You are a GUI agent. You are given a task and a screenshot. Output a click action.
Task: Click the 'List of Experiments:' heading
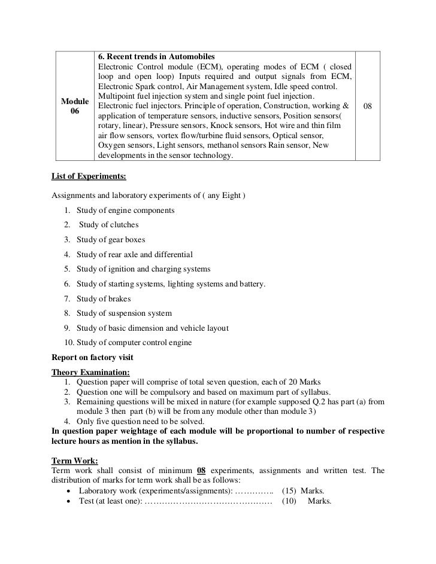tap(89, 177)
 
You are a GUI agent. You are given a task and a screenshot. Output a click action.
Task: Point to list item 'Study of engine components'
tap(125, 211)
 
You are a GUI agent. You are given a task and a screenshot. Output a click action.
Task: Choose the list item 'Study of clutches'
tap(108, 225)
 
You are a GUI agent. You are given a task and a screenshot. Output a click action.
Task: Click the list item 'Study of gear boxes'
tap(111, 240)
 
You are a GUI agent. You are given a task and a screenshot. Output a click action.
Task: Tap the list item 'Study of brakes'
tap(103, 298)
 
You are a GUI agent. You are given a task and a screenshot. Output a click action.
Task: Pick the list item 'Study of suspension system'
tap(124, 313)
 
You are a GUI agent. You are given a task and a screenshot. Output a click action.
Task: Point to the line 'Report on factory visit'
tap(93, 358)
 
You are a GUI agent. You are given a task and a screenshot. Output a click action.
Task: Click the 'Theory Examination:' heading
tap(86, 373)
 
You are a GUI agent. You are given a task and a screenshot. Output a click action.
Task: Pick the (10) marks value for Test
tap(289, 501)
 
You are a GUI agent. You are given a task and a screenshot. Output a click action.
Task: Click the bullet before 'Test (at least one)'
tap(71, 501)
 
